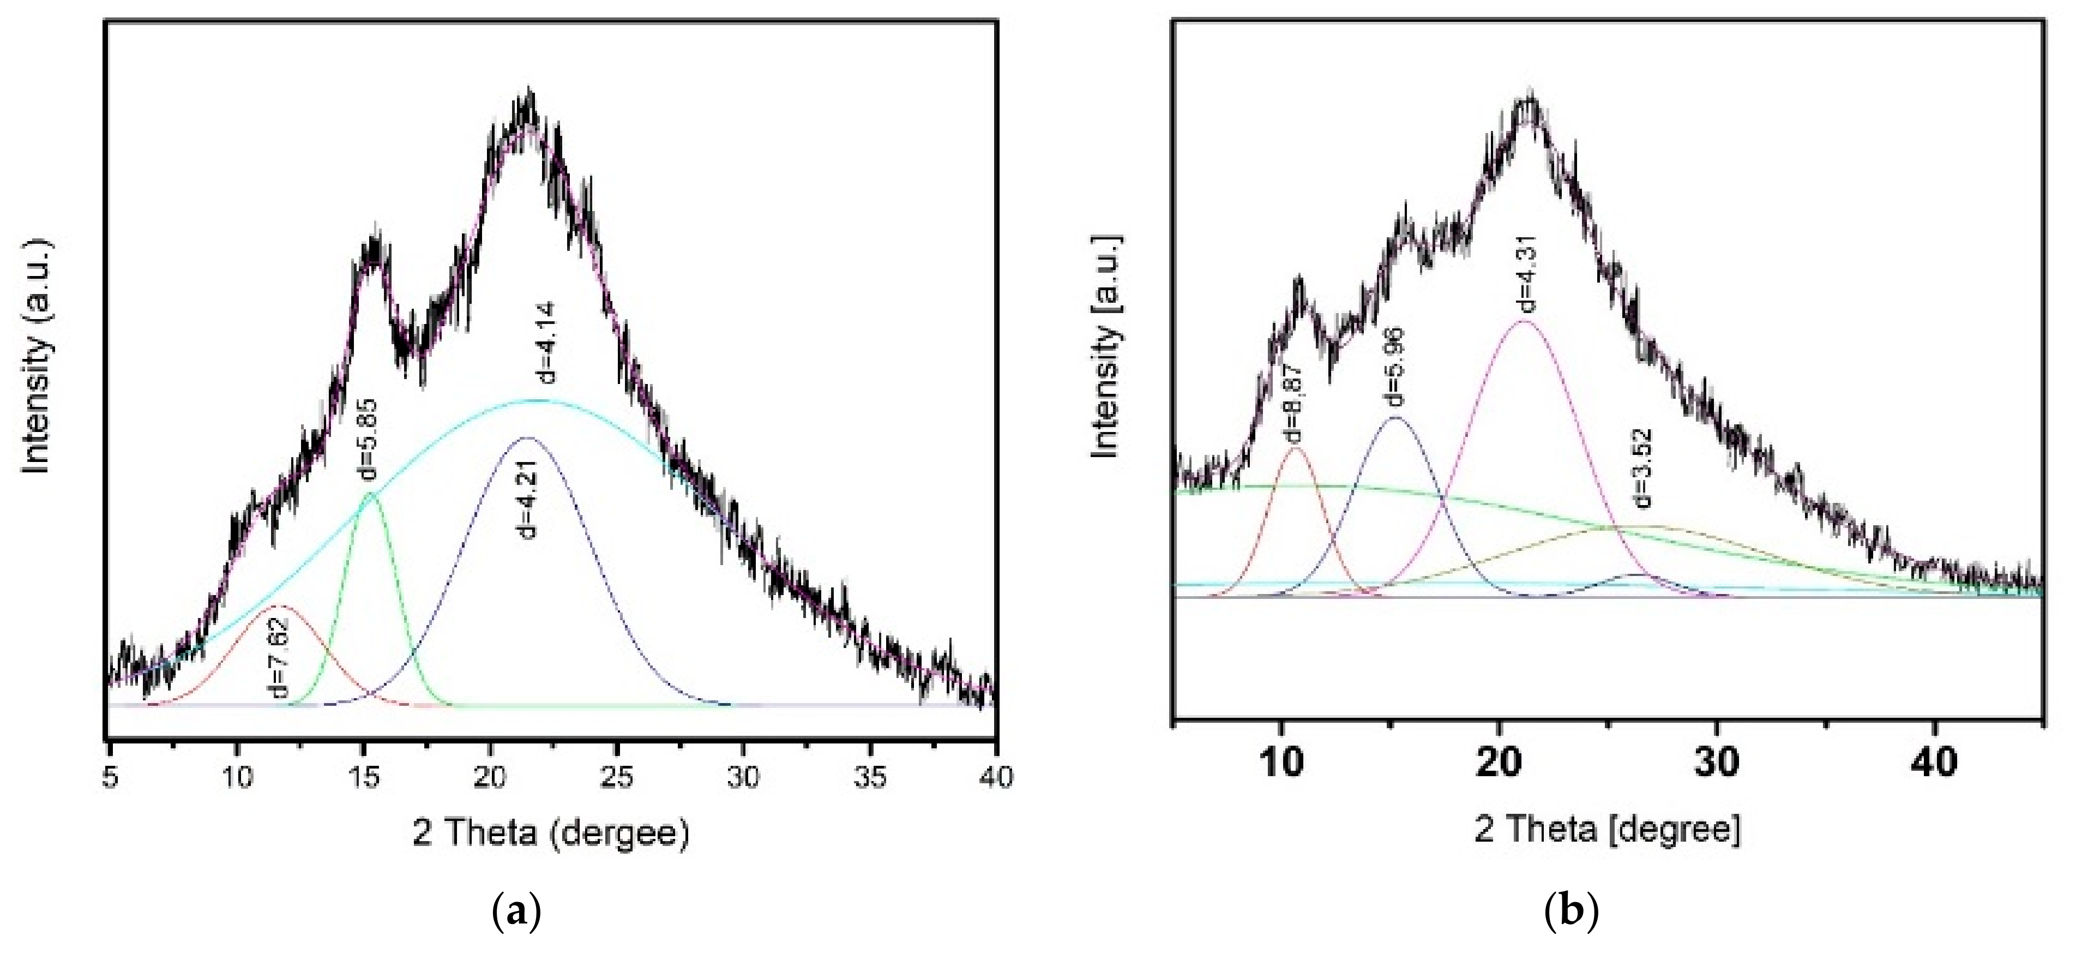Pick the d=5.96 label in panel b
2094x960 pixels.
pos(1395,367)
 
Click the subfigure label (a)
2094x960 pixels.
pos(516,913)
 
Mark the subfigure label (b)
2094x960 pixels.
pos(1570,913)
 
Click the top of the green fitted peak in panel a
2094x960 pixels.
pos(371,494)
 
